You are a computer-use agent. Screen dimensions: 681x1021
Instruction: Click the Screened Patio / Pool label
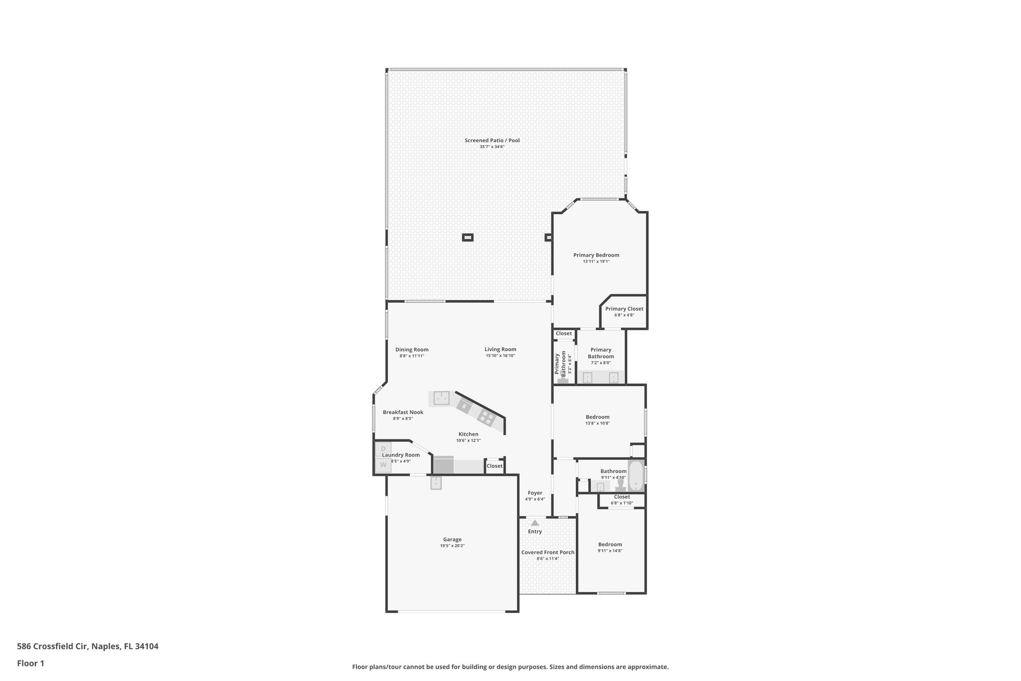(x=492, y=140)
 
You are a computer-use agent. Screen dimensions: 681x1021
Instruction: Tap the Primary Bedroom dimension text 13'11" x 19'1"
(x=596, y=261)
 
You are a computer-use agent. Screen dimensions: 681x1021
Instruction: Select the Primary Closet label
(x=624, y=309)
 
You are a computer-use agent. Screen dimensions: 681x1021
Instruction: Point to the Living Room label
(x=500, y=349)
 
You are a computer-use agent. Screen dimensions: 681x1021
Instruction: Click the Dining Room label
(x=412, y=350)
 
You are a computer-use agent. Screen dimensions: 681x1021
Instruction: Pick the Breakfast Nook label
(x=403, y=412)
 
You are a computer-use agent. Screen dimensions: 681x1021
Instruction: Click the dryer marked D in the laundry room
(x=383, y=449)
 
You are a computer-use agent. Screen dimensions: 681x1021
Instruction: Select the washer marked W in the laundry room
(x=383, y=465)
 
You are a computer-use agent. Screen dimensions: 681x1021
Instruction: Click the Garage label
(x=452, y=539)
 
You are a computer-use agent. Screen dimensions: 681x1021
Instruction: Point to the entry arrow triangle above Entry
(x=534, y=523)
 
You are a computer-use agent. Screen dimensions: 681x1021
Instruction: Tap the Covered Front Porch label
(x=547, y=552)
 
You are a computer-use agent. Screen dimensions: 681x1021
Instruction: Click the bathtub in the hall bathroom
(x=636, y=477)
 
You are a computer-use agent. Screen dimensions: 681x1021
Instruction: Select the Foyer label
(x=535, y=493)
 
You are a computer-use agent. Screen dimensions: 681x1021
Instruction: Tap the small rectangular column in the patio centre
(x=467, y=237)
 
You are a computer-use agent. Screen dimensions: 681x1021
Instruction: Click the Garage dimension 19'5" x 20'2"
(x=452, y=546)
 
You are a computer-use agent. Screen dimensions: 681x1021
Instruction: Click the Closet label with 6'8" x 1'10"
(x=622, y=497)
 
